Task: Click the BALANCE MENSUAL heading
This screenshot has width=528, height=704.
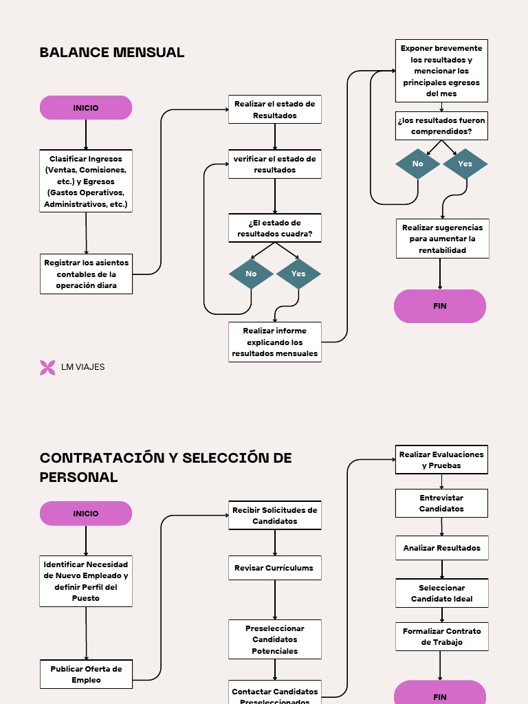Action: [x=112, y=52]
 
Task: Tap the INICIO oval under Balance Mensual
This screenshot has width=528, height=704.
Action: [x=86, y=108]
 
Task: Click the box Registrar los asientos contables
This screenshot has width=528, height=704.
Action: [x=86, y=274]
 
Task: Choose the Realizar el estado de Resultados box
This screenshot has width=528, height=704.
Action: [x=275, y=109]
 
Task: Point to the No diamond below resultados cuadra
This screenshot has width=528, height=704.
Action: [x=251, y=274]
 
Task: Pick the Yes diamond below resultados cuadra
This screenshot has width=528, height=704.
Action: [x=298, y=274]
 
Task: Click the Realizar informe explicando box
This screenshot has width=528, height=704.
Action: [x=275, y=342]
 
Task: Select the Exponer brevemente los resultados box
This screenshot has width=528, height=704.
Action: [x=441, y=71]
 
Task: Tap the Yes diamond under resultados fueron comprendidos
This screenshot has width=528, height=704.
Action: [x=465, y=164]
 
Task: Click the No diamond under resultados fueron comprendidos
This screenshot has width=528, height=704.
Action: [x=418, y=164]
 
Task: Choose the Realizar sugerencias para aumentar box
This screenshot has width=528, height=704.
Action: [x=443, y=239]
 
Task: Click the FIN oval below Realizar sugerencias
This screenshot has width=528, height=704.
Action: [x=440, y=306]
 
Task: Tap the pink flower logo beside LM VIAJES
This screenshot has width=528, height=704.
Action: [x=47, y=367]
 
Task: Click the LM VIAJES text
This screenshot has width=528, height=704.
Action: [x=83, y=367]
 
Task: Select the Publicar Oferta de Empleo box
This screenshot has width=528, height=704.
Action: [x=86, y=674]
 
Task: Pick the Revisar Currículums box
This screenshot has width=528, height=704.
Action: [x=275, y=568]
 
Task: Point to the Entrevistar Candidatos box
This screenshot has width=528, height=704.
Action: [x=441, y=503]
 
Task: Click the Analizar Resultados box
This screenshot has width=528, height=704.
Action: [x=441, y=548]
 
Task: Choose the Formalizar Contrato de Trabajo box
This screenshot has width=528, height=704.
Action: [x=441, y=637]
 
